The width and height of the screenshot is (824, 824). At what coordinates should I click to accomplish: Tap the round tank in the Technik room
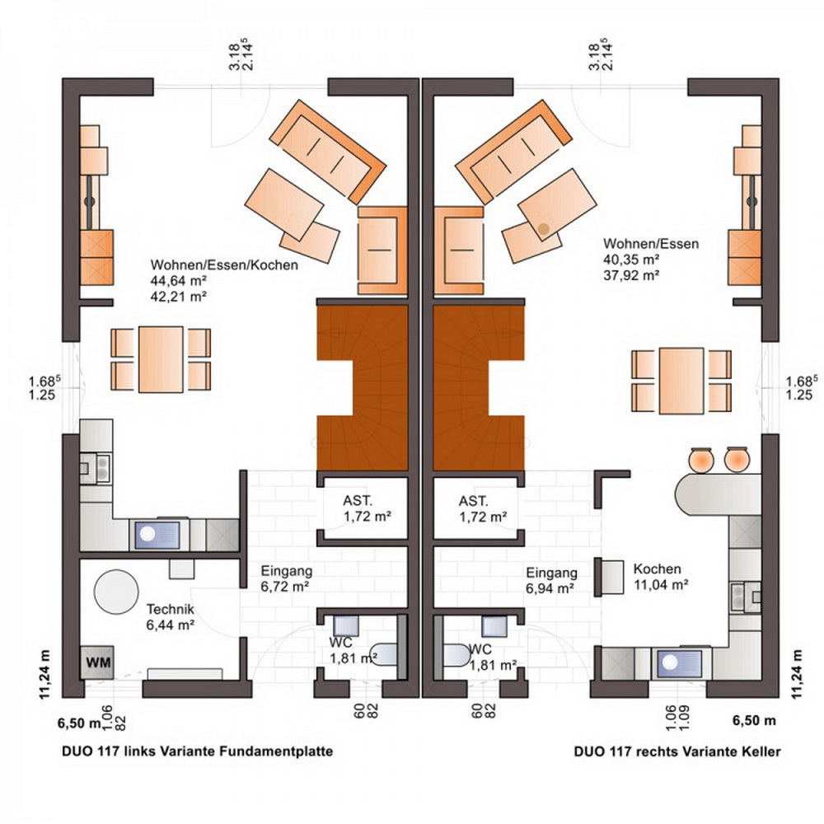point(116,592)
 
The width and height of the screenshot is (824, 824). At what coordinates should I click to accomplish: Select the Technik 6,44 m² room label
point(171,617)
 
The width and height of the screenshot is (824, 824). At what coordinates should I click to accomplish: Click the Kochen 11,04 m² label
point(661,576)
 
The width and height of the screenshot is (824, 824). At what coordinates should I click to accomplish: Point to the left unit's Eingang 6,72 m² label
point(287,578)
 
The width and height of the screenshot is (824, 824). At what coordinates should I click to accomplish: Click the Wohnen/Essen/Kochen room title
point(224,265)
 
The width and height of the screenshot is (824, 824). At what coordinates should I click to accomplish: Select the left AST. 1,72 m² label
point(368,508)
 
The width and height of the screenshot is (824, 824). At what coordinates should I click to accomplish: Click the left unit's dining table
point(161,359)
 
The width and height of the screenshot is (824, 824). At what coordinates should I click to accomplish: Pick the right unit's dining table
point(681,381)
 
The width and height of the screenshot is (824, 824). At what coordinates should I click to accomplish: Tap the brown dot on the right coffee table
point(543,228)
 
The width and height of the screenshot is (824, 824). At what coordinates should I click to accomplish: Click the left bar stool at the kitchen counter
point(701,459)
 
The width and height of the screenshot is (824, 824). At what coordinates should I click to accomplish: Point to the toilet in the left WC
point(384,654)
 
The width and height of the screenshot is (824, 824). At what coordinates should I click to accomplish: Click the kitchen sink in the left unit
point(157,535)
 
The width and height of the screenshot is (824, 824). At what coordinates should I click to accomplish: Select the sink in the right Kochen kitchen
point(678,663)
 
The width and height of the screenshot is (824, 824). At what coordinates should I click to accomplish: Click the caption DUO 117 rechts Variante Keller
point(677,751)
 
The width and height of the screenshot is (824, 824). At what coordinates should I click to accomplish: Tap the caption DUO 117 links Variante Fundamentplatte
point(198,751)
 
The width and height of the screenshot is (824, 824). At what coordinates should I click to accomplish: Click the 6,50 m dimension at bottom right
point(754,720)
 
